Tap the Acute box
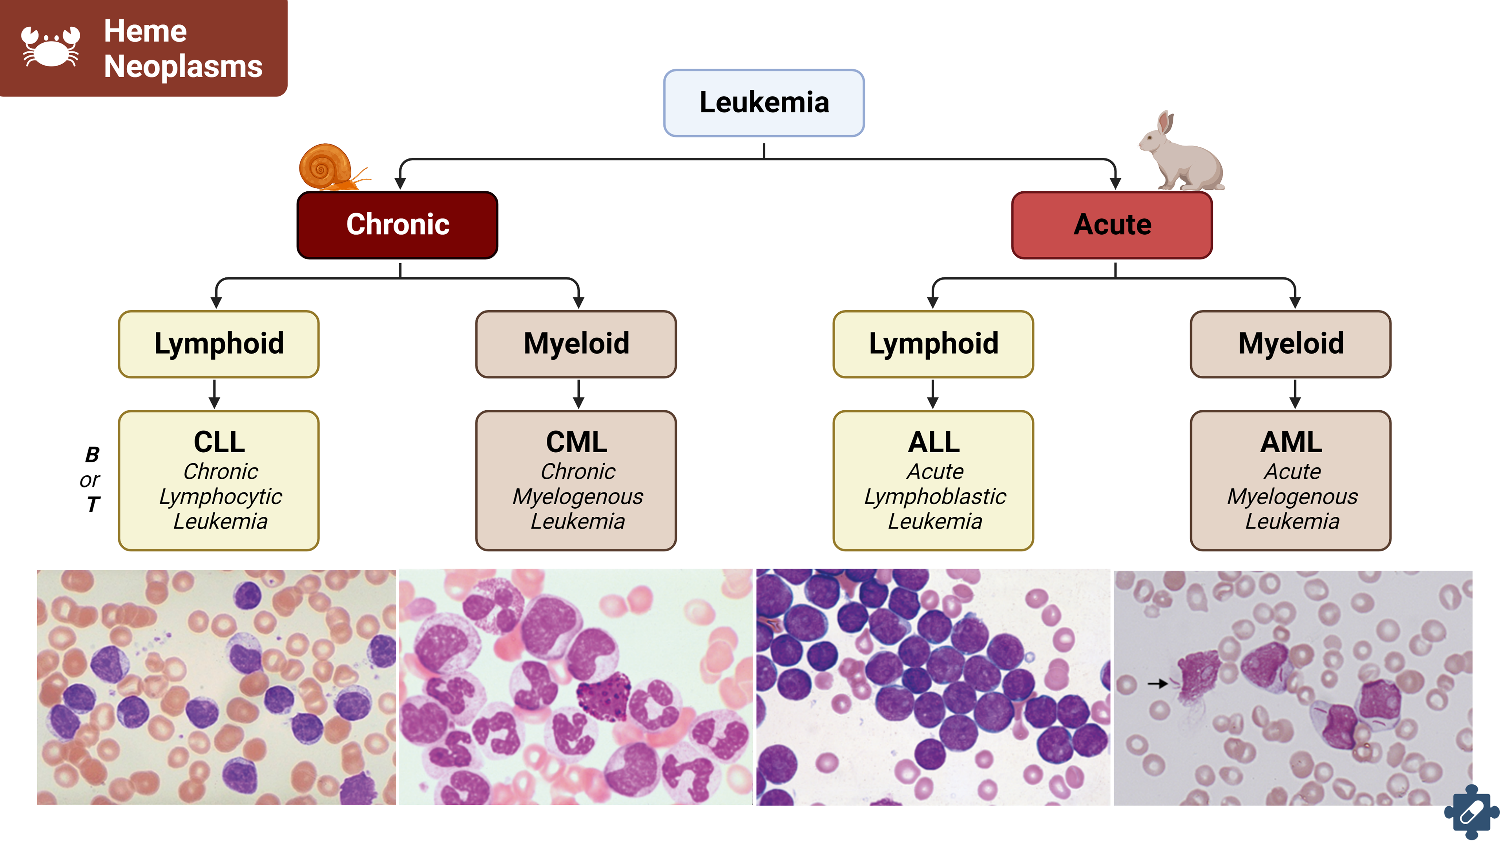[x=1111, y=225]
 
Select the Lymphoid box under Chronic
[x=219, y=344]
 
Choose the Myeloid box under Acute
[x=1290, y=344]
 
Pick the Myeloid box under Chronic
[x=576, y=344]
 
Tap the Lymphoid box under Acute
[x=933, y=344]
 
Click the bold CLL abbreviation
[x=219, y=442]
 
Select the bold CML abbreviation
[x=576, y=442]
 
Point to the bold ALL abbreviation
[x=934, y=442]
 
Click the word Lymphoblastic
[x=935, y=496]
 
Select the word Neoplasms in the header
[x=183, y=66]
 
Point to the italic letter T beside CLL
[x=93, y=504]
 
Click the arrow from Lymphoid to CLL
[x=215, y=394]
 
